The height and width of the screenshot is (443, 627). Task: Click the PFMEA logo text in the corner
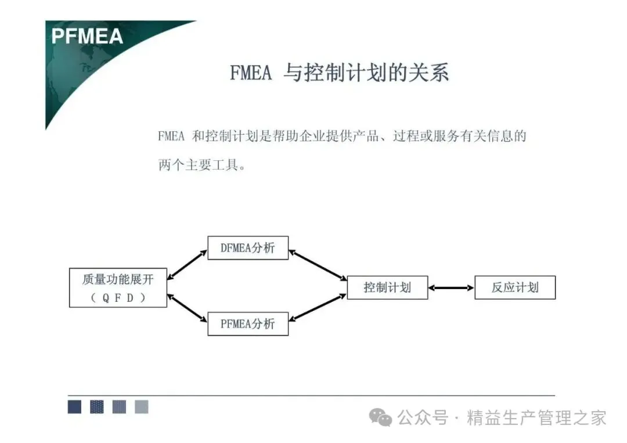pyautogui.click(x=87, y=36)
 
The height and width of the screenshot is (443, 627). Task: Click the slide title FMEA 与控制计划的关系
pyautogui.click(x=339, y=73)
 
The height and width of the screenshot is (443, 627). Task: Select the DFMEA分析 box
pyautogui.click(x=248, y=248)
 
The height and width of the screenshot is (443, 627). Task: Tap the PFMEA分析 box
pyautogui.click(x=248, y=323)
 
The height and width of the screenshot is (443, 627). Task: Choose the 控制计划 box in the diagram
pyautogui.click(x=387, y=287)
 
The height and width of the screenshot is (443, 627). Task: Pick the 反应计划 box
pyautogui.click(x=515, y=287)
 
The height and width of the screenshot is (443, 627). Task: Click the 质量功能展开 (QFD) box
pyautogui.click(x=118, y=287)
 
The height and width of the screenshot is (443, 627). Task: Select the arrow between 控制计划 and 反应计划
pyautogui.click(x=451, y=287)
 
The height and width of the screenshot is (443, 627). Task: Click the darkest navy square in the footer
pyautogui.click(x=74, y=407)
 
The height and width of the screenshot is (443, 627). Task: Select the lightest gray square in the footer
pyautogui.click(x=142, y=407)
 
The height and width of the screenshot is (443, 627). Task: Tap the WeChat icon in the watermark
pyautogui.click(x=382, y=417)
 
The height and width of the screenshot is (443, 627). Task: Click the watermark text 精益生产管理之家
pyautogui.click(x=536, y=417)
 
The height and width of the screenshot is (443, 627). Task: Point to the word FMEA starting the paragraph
pyautogui.click(x=171, y=137)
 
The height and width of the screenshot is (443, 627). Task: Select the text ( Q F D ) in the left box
pyautogui.click(x=118, y=298)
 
